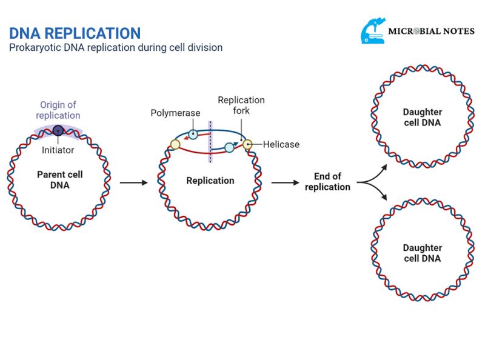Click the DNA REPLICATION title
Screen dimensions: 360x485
click(x=75, y=33)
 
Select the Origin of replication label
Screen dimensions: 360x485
click(x=58, y=110)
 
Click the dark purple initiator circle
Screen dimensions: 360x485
click(x=58, y=130)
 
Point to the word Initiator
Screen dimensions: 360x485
click(x=58, y=150)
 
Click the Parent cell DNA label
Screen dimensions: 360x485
click(x=59, y=180)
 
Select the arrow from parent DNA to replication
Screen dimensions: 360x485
click(x=133, y=181)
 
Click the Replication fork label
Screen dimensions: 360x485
click(x=241, y=105)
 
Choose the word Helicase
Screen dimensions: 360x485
click(x=281, y=144)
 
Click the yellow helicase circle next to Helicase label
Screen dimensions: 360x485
click(x=247, y=144)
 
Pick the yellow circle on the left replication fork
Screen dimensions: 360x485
click(x=175, y=144)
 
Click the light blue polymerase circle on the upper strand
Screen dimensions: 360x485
click(x=192, y=134)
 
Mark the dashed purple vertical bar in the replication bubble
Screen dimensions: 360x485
click(x=210, y=141)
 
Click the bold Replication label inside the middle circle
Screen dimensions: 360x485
click(x=210, y=181)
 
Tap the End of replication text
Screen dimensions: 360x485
click(x=327, y=182)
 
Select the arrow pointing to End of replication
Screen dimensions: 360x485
click(x=285, y=181)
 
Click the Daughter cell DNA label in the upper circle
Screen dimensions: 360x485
click(x=423, y=118)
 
